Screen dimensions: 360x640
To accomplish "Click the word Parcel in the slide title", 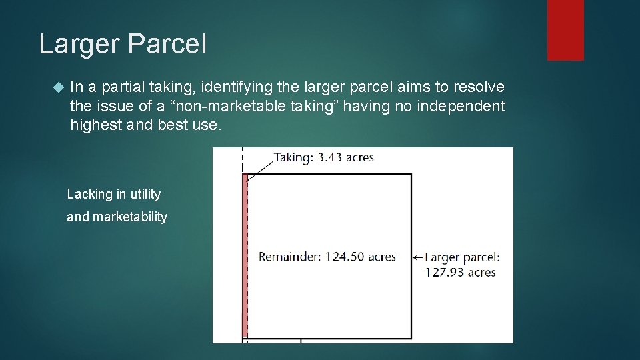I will (x=166, y=44).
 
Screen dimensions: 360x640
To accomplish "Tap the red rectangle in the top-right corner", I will (x=565, y=30).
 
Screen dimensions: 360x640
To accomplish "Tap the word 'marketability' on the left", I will (x=130, y=217).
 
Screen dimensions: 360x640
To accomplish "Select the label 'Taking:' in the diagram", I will (x=293, y=158).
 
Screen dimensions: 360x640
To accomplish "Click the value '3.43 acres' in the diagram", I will (x=345, y=158).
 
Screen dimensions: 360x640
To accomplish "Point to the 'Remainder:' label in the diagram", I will (x=291, y=257).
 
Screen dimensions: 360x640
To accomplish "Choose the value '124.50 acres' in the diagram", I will (x=361, y=257).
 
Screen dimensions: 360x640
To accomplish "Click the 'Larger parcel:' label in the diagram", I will (x=462, y=257).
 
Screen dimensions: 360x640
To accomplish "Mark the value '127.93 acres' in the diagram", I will (x=460, y=272).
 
